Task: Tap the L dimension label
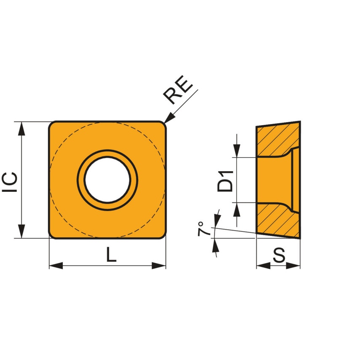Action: click(110, 255)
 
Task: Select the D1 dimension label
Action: click(226, 180)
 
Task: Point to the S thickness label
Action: click(279, 255)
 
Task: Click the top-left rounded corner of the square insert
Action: click(52, 125)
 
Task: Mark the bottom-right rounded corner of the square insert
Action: click(162, 235)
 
